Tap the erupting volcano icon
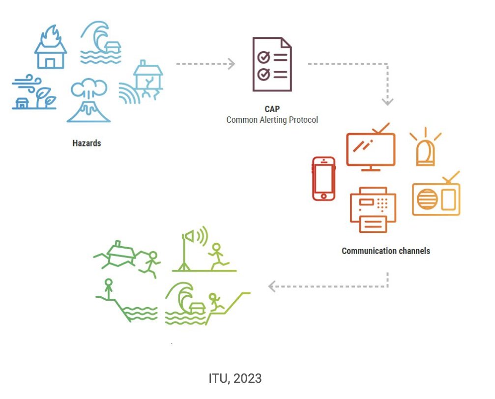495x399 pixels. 89,101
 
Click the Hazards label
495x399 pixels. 87,143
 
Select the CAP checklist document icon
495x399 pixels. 272,64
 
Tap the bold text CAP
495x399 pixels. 272,109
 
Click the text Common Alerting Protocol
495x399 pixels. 272,119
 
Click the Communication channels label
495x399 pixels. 386,251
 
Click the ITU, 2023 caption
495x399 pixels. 235,378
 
